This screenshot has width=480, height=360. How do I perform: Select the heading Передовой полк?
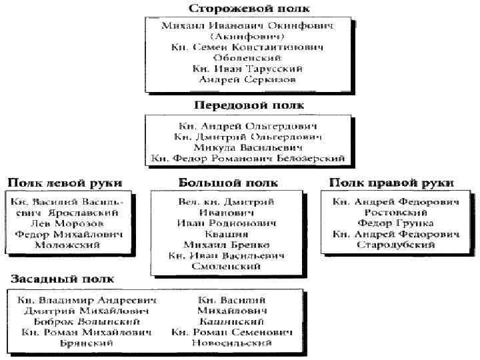[248, 105]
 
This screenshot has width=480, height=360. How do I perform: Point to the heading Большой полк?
[228, 183]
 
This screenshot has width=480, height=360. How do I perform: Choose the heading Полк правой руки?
[391, 183]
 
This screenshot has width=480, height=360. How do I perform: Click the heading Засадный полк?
[61, 279]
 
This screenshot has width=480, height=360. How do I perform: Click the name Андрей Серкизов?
[247, 79]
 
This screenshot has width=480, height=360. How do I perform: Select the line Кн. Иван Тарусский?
[247, 69]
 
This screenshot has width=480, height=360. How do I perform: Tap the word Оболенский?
[247, 58]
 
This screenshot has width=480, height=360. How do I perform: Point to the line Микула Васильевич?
[248, 147]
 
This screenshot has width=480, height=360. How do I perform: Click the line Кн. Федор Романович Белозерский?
[248, 158]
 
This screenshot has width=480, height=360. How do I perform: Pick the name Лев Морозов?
[69, 223]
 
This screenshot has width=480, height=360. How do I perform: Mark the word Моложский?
[69, 245]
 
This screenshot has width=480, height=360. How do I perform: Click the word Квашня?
[227, 234]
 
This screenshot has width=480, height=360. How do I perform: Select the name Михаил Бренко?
[227, 245]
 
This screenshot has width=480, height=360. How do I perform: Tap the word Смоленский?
[227, 266]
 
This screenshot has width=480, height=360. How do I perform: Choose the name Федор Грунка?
[395, 223]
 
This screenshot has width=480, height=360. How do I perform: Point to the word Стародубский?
[395, 245]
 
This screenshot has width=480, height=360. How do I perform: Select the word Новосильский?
[232, 343]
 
